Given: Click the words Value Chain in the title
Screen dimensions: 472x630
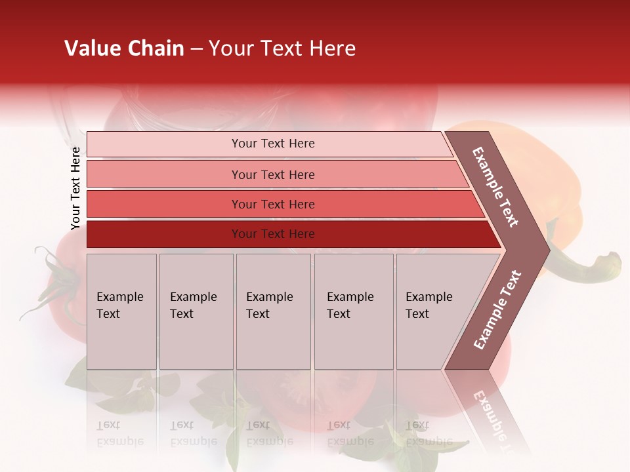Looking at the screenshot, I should click(124, 49).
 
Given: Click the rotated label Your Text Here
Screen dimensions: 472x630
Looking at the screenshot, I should click(75, 188).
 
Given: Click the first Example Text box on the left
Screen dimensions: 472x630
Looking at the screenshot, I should click(121, 311).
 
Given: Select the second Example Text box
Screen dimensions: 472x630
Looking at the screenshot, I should click(196, 311).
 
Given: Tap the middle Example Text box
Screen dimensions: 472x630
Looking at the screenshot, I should click(273, 311).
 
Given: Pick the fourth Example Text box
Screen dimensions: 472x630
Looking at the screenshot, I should click(353, 311).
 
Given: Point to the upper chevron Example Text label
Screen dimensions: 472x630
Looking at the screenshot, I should click(496, 187).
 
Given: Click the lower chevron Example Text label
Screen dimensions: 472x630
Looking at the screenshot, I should click(497, 310).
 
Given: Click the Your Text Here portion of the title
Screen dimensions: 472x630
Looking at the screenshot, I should click(282, 49).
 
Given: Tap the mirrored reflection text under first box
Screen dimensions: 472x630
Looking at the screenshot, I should click(119, 434).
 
